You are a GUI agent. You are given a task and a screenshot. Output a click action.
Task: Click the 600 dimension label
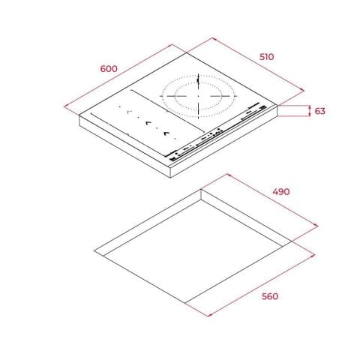point(109,69)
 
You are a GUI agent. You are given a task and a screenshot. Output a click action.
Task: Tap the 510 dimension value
point(267,57)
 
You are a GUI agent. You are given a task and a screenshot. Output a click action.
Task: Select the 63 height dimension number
point(320,111)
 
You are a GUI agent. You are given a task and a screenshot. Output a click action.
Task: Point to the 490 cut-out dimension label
point(281,192)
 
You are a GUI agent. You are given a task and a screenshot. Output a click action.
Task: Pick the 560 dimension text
point(270,296)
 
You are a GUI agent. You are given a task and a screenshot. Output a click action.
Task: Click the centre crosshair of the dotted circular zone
point(199,96)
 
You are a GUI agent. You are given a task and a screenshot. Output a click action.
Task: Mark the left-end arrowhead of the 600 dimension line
point(65,106)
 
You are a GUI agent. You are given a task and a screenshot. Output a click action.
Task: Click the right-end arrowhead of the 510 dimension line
point(303,90)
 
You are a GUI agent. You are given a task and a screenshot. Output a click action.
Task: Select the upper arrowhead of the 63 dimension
point(310,107)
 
